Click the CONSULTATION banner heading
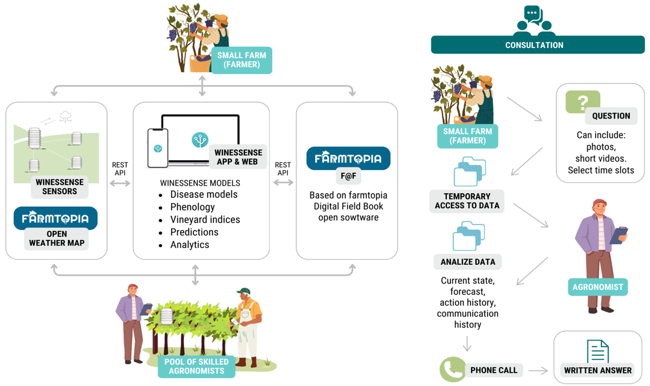click(534, 45)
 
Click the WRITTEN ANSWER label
click(597, 370)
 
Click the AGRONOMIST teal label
click(597, 287)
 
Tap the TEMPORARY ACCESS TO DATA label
click(467, 201)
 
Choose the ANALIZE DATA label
click(468, 262)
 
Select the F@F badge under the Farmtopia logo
click(348, 176)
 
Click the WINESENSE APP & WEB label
click(238, 157)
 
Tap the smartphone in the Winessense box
click(158, 148)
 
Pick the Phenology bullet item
click(192, 207)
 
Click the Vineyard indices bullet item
click(205, 220)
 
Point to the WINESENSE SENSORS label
click(60, 187)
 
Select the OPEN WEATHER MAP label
click(56, 238)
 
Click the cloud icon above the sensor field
click(65, 116)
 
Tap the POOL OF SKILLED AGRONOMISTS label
click(196, 366)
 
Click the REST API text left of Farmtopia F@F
click(283, 169)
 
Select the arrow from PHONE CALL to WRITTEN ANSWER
click(538, 371)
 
